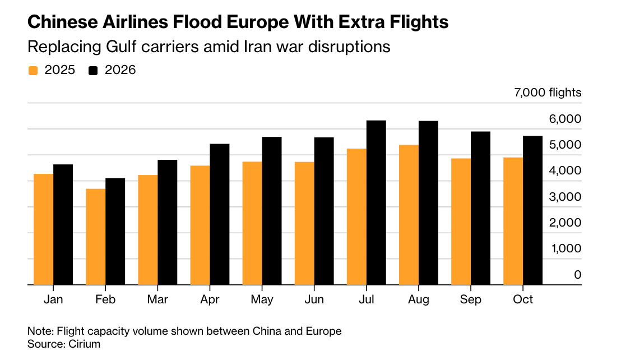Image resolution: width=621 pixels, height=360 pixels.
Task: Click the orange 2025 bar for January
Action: coord(44,229)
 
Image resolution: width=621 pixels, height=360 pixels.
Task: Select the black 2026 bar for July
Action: coord(376,202)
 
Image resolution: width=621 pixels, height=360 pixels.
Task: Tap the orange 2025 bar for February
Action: coord(96,237)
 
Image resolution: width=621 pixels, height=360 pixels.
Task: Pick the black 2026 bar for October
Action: coord(532,210)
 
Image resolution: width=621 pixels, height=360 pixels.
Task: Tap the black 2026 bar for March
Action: coord(168,222)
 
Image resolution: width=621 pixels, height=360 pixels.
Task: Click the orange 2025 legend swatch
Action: coord(33,71)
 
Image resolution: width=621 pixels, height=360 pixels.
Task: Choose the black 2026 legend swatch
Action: coord(94,71)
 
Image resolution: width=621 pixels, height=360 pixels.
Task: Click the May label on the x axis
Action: coord(262,299)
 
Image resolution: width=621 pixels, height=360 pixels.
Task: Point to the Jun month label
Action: coord(314,299)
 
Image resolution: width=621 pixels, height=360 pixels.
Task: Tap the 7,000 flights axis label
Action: coord(548,93)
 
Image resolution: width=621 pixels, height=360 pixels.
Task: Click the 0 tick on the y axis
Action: coord(577,275)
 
